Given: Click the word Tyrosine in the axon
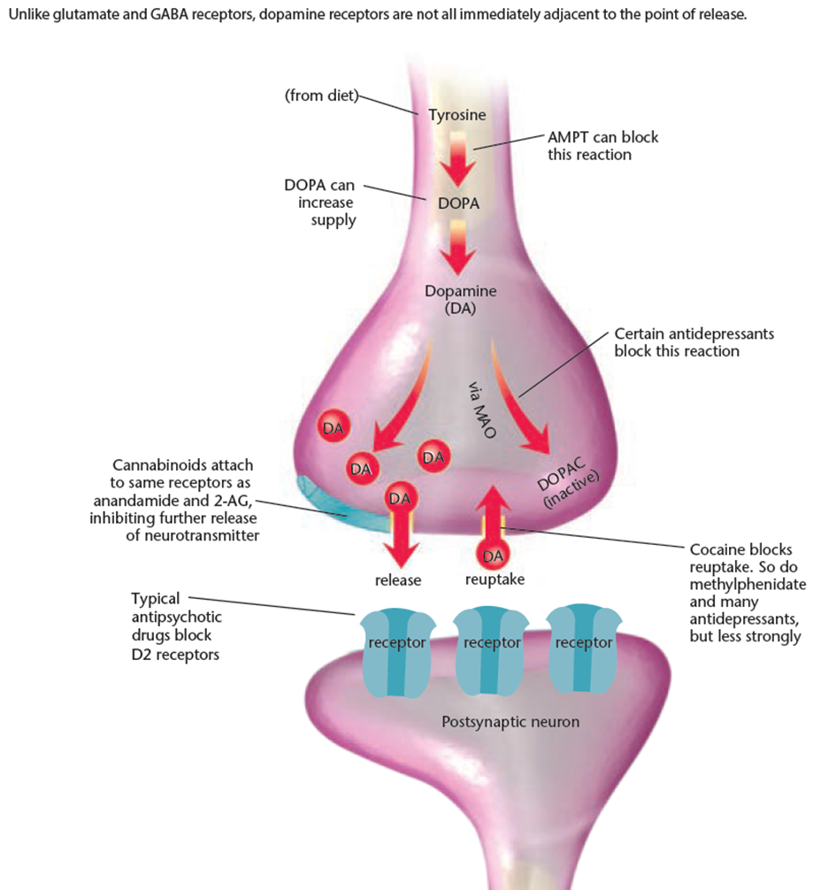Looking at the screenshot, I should tap(456, 115).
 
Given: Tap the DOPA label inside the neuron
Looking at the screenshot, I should tap(458, 203).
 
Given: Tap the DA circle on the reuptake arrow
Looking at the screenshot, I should tap(495, 556).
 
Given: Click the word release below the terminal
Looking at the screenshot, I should tap(398, 580).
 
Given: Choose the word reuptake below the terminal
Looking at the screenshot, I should tap(495, 580).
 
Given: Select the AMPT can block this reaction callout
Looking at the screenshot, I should tap(602, 146).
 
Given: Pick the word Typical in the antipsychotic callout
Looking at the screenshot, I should tap(156, 599).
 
